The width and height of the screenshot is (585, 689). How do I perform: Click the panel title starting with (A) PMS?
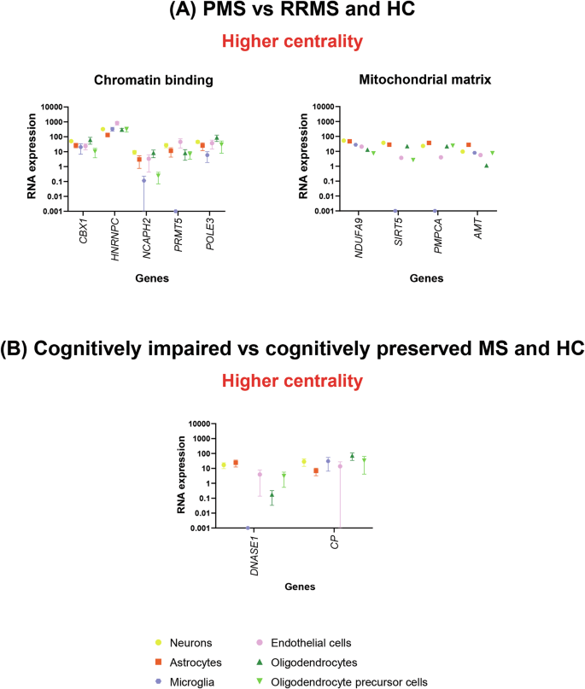(292, 12)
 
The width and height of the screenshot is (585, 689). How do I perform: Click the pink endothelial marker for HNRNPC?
(118, 123)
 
